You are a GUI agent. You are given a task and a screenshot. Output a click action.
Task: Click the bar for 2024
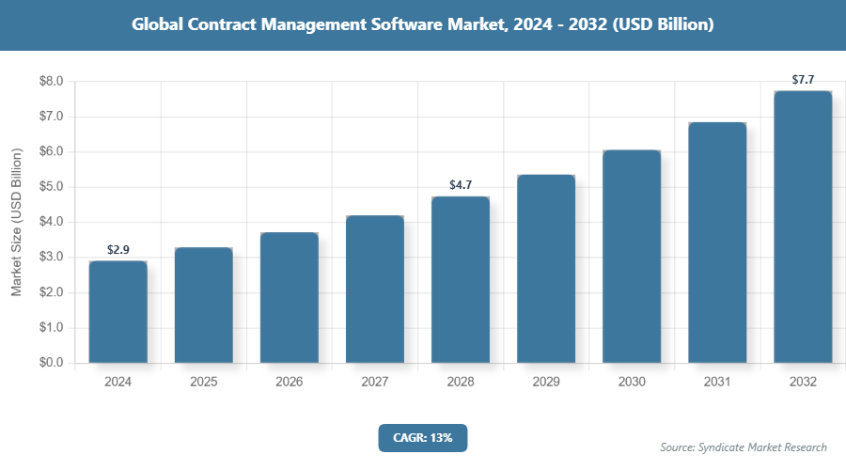pyautogui.click(x=117, y=311)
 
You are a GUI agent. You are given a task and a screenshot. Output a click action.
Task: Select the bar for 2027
pyautogui.click(x=374, y=289)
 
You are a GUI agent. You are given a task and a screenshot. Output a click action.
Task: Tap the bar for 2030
pyautogui.click(x=631, y=256)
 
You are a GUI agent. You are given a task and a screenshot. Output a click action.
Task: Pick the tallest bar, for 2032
pyautogui.click(x=802, y=227)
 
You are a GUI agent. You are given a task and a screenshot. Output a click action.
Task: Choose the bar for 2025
pyautogui.click(x=203, y=305)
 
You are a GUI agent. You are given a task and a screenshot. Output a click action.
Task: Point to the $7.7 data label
pyautogui.click(x=803, y=80)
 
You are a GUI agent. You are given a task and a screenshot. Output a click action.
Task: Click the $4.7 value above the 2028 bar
pyautogui.click(x=461, y=185)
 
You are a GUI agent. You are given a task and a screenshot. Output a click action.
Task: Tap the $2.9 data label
pyautogui.click(x=117, y=250)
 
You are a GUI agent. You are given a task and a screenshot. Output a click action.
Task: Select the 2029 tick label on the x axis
pyautogui.click(x=545, y=383)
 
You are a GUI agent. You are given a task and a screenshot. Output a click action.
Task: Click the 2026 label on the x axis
pyautogui.click(x=289, y=383)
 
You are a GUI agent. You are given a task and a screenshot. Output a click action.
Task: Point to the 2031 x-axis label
pyautogui.click(x=716, y=383)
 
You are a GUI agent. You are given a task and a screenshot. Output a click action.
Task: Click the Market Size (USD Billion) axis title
pyautogui.click(x=16, y=222)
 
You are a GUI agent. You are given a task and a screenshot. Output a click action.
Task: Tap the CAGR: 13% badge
pyautogui.click(x=422, y=437)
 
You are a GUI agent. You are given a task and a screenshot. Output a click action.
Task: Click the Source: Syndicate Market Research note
pyautogui.click(x=743, y=446)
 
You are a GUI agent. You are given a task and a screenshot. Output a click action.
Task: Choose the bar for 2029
pyautogui.click(x=545, y=269)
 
